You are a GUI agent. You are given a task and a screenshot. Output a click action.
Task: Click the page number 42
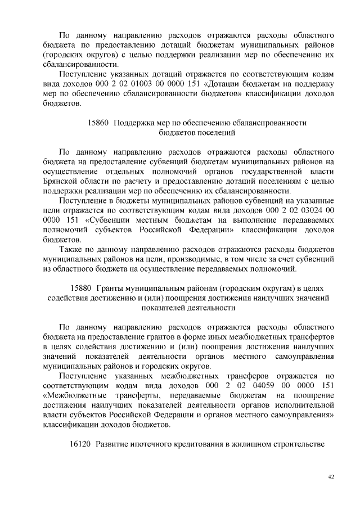click(331, 477)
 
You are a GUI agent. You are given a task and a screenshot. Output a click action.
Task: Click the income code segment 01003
click(143, 84)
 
